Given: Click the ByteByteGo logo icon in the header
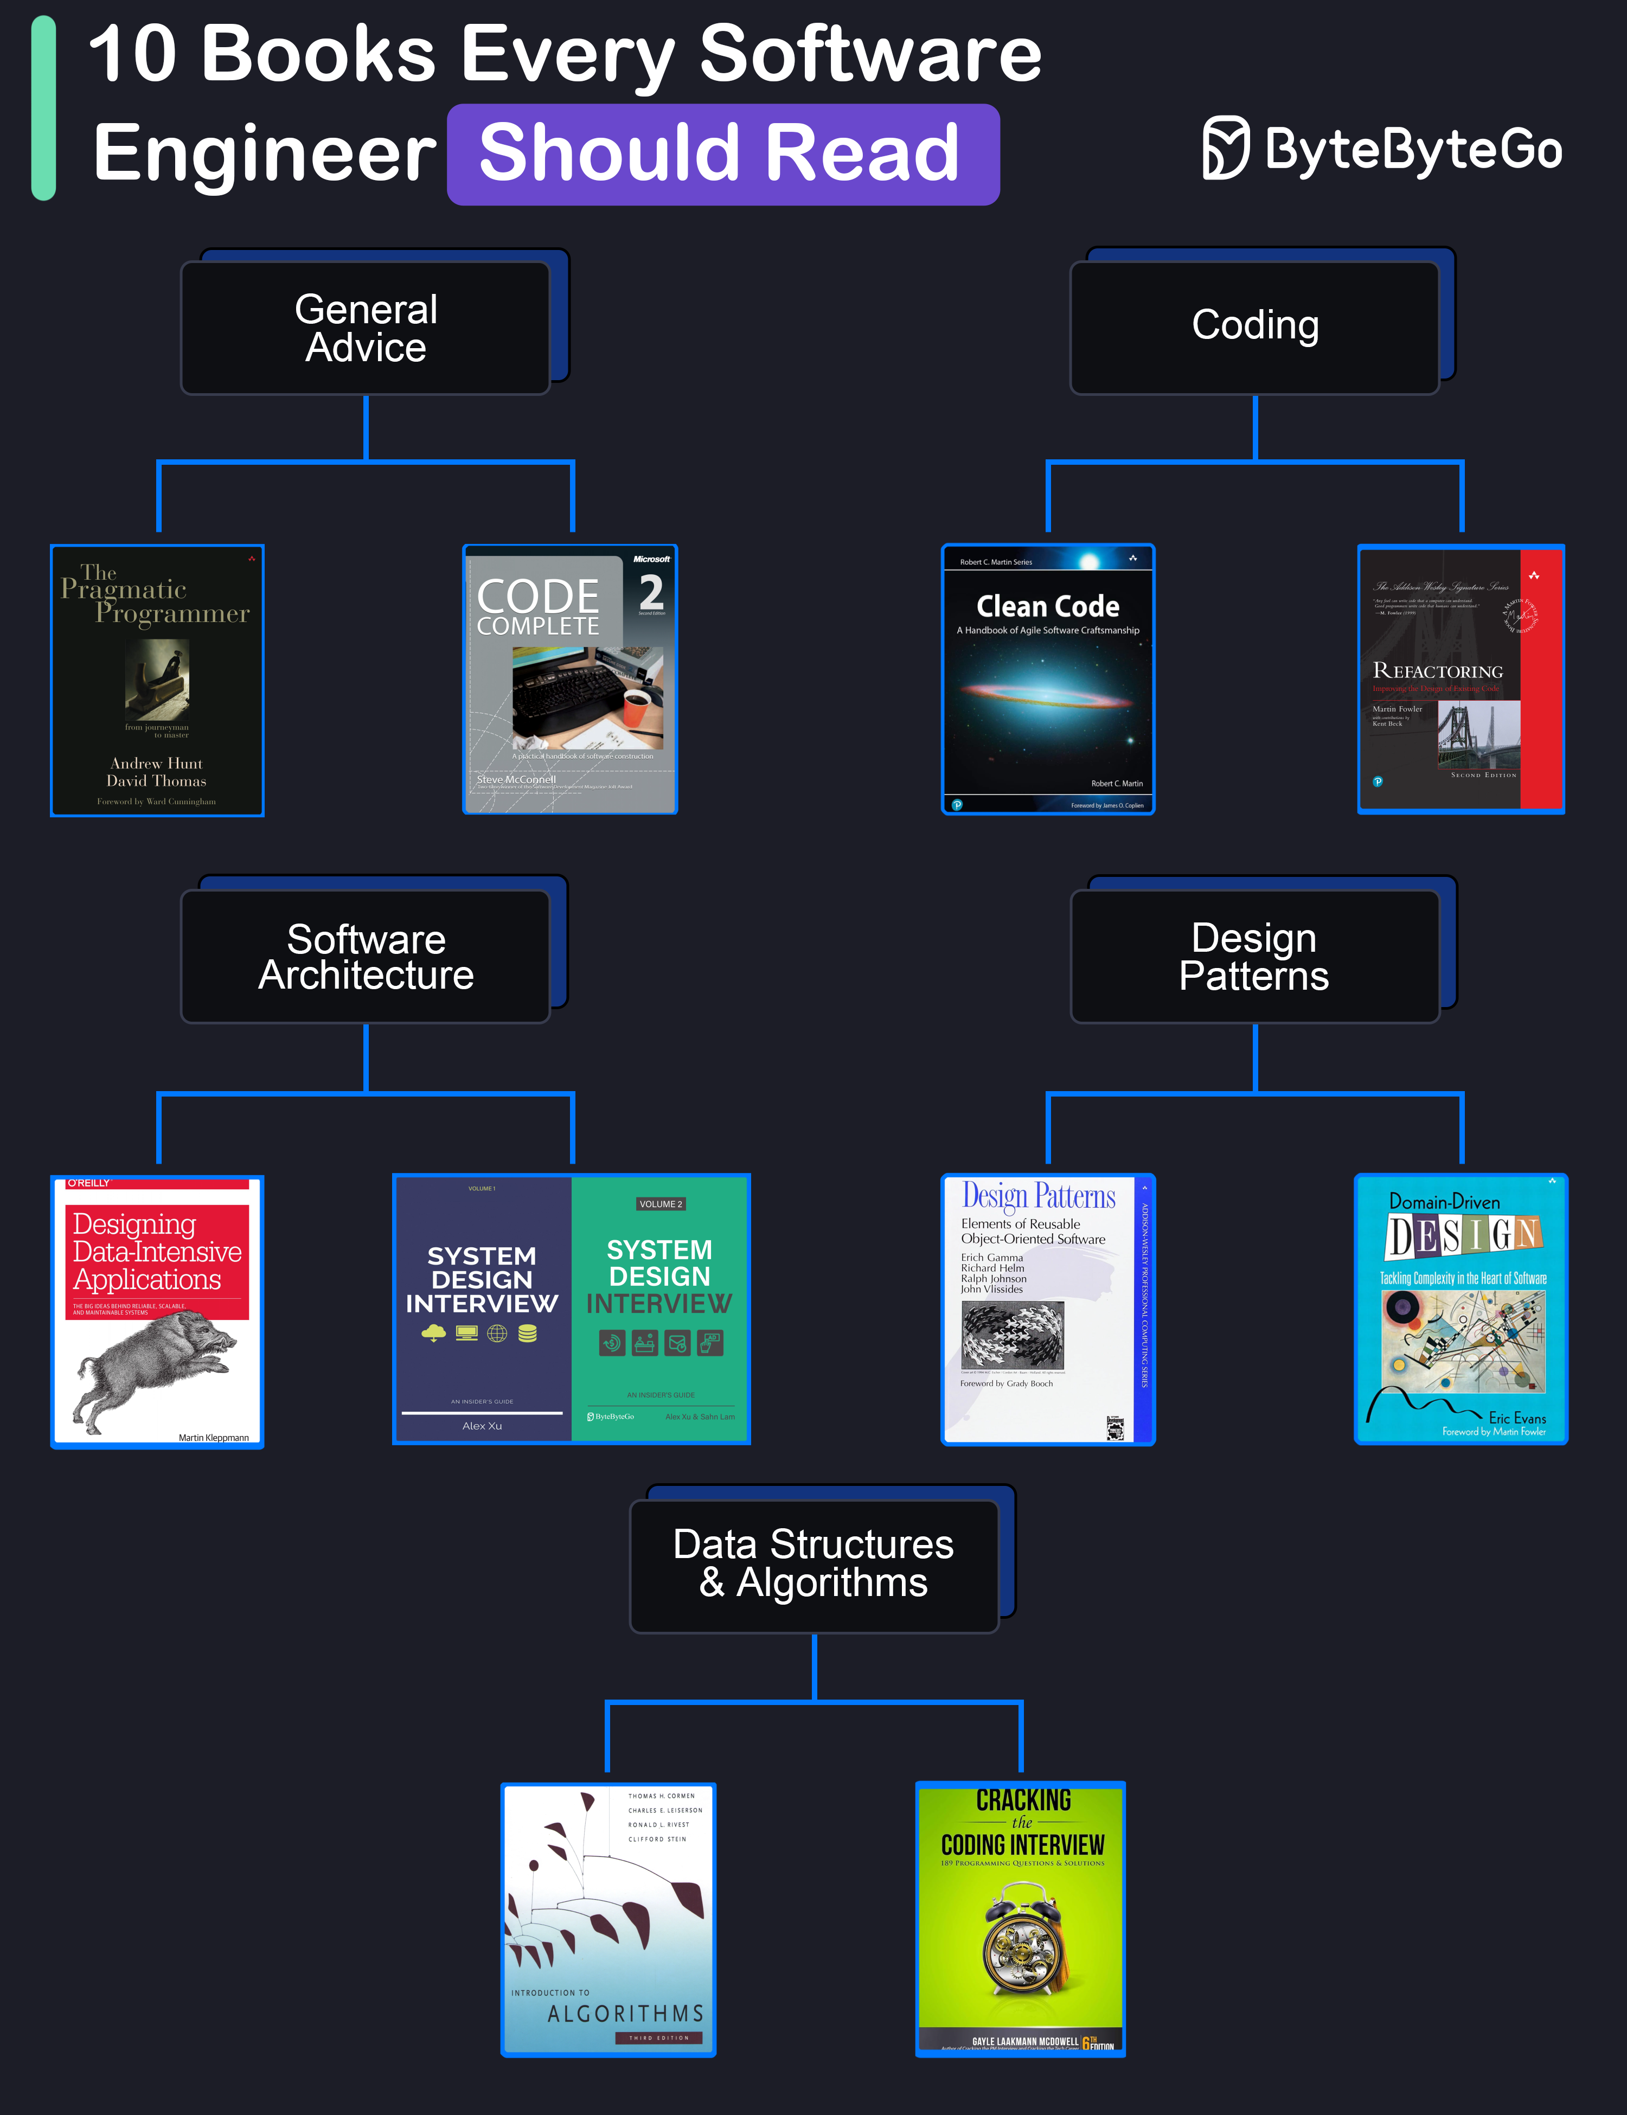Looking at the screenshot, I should point(1226,148).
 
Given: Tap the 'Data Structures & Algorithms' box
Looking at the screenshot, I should point(813,1564).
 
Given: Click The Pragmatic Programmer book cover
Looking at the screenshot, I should point(157,680).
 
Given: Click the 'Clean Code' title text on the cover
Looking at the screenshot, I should point(1048,606).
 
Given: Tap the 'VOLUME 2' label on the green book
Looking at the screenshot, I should point(661,1204).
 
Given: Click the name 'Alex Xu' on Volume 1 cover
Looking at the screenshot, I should point(482,1426).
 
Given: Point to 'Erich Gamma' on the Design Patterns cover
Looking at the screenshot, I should point(992,1257).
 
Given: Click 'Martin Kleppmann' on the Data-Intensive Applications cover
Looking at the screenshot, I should point(213,1437).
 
